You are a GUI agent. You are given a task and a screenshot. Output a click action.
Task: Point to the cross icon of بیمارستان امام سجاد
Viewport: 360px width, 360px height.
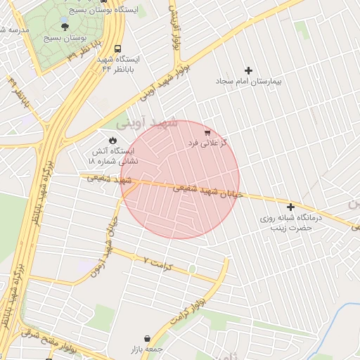click(x=247, y=70)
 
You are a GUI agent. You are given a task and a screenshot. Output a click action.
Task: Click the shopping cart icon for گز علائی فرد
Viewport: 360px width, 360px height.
click(x=207, y=131)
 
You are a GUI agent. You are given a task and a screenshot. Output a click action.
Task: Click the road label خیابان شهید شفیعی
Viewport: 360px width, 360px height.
click(x=204, y=190)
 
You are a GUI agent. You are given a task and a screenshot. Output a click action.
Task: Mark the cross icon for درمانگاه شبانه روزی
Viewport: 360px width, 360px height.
click(x=290, y=206)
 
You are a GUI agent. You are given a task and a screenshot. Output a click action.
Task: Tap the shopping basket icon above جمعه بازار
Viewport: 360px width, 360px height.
click(x=146, y=338)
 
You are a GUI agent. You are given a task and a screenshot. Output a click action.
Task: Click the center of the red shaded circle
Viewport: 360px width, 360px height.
click(x=180, y=180)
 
